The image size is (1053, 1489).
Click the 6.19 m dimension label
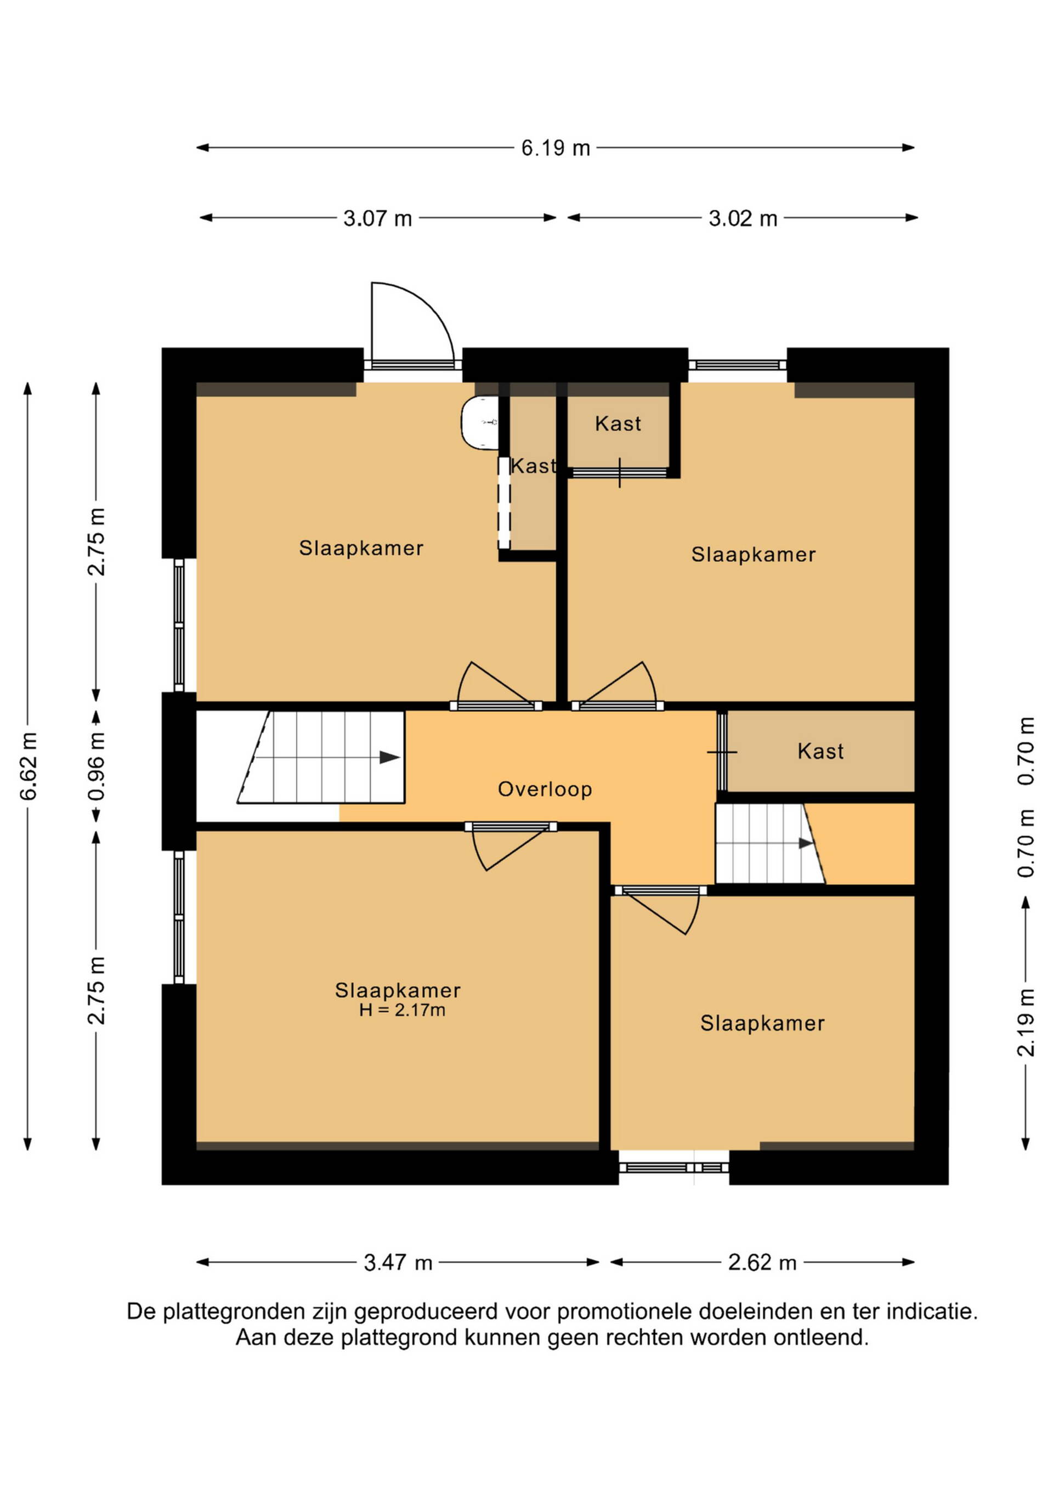tap(556, 148)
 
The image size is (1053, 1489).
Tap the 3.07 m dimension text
tap(377, 218)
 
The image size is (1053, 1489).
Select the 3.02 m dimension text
tap(743, 218)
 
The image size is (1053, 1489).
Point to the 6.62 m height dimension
tap(28, 766)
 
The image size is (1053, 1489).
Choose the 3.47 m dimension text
tap(398, 1262)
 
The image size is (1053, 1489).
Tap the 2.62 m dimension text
tap(762, 1262)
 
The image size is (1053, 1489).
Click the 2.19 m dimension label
tap(1025, 1023)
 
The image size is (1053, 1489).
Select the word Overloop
tap(545, 789)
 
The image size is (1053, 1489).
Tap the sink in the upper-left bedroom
tap(480, 422)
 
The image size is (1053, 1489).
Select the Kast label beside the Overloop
tap(820, 751)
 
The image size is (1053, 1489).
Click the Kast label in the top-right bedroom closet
tap(618, 424)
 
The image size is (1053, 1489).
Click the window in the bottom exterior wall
tap(673, 1167)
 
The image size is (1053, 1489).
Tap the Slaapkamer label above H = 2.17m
tap(398, 990)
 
